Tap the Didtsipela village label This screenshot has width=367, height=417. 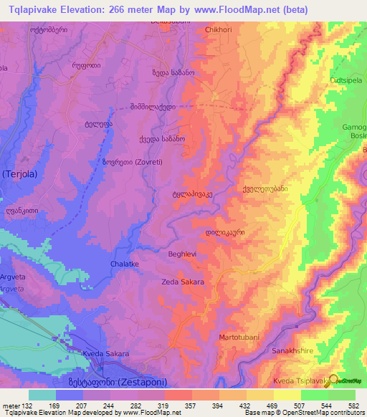(347, 80)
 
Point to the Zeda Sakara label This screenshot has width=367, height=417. (183, 282)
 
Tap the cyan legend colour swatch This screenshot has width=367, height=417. (42, 394)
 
